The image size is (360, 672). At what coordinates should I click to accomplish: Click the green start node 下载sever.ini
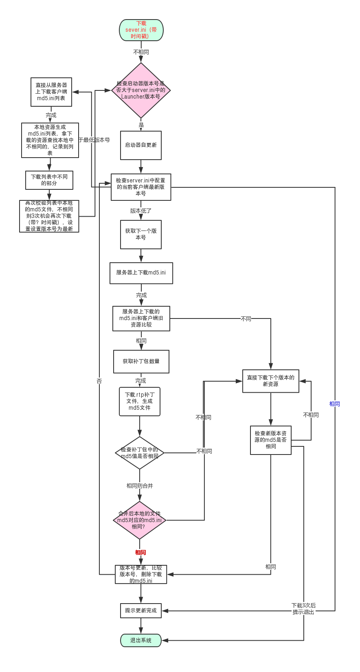141,30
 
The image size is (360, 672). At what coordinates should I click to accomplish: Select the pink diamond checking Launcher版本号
141,90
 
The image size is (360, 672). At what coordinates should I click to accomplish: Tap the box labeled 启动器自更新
141,145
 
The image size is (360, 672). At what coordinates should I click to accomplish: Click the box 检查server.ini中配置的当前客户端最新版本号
141,187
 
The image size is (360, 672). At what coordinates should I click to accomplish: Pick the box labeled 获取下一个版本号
141,234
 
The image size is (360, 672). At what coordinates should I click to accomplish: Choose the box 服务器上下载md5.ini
141,272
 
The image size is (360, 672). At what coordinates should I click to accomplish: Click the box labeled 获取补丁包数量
141,361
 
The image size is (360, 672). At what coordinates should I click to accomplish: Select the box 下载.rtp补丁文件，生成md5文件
140,401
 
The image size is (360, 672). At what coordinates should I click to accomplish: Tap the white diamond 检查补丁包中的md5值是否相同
140,452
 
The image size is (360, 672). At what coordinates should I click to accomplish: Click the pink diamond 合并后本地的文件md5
140,520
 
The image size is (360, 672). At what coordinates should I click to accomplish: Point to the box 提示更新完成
141,611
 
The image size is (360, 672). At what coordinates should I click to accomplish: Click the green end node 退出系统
141,640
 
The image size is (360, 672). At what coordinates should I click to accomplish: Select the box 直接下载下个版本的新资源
270,381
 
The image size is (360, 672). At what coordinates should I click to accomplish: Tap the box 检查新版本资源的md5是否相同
270,440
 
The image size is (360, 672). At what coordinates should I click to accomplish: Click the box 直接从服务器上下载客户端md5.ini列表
51,92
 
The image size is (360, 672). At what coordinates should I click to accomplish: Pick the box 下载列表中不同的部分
49,180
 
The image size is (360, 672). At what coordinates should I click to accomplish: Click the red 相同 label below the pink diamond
140,552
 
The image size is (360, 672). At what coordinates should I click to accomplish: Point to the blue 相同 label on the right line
335,404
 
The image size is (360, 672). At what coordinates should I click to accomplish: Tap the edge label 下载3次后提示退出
304,608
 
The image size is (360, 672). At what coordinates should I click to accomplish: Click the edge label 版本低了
141,211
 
